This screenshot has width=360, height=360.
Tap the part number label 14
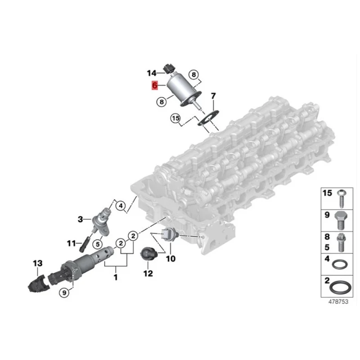coord(151,73)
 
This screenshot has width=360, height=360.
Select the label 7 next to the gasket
coord(213,96)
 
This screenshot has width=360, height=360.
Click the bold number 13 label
coord(37,263)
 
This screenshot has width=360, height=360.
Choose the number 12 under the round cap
coord(148,273)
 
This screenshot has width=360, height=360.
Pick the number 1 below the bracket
coord(116,278)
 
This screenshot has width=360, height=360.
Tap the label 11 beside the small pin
coord(72,243)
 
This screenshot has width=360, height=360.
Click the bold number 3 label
coord(81,220)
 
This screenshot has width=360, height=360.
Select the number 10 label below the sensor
coord(171,258)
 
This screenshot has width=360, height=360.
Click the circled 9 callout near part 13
coord(64,292)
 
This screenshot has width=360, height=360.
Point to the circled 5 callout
coord(96,244)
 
